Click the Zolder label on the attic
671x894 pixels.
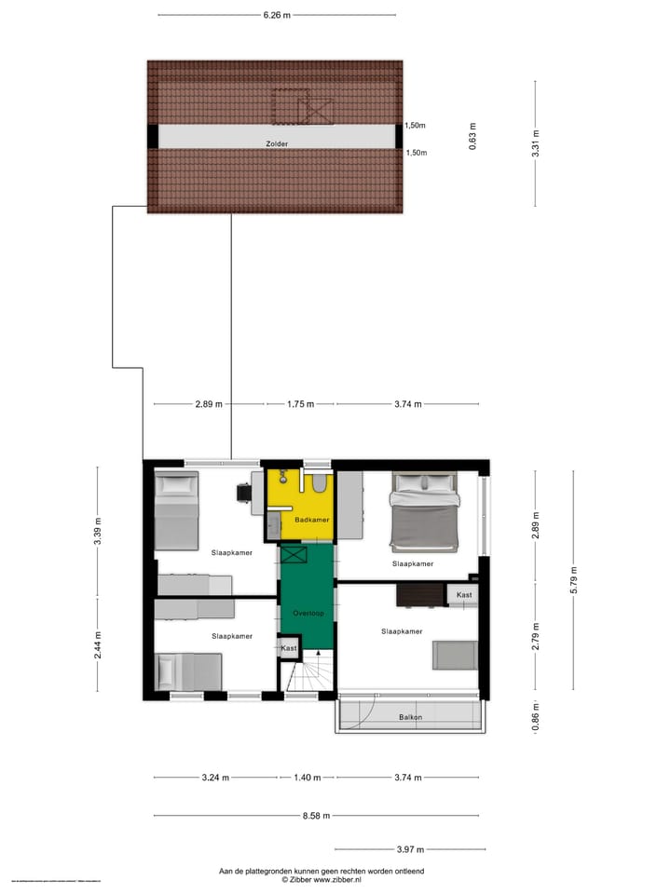coord(276,144)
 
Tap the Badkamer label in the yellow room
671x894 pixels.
coord(311,520)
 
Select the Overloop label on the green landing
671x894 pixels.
coord(307,614)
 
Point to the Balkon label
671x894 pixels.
coord(411,717)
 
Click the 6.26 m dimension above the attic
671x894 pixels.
coord(277,15)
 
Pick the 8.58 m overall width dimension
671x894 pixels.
coord(317,816)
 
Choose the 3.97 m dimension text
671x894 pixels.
coord(410,849)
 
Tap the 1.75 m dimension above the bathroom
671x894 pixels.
coord(299,404)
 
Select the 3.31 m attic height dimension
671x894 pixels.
coord(536,144)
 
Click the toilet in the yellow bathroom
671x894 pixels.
coord(318,483)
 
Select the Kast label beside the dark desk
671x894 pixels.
coord(463,594)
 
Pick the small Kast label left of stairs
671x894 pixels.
coord(289,647)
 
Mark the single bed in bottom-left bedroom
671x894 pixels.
coord(187,671)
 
